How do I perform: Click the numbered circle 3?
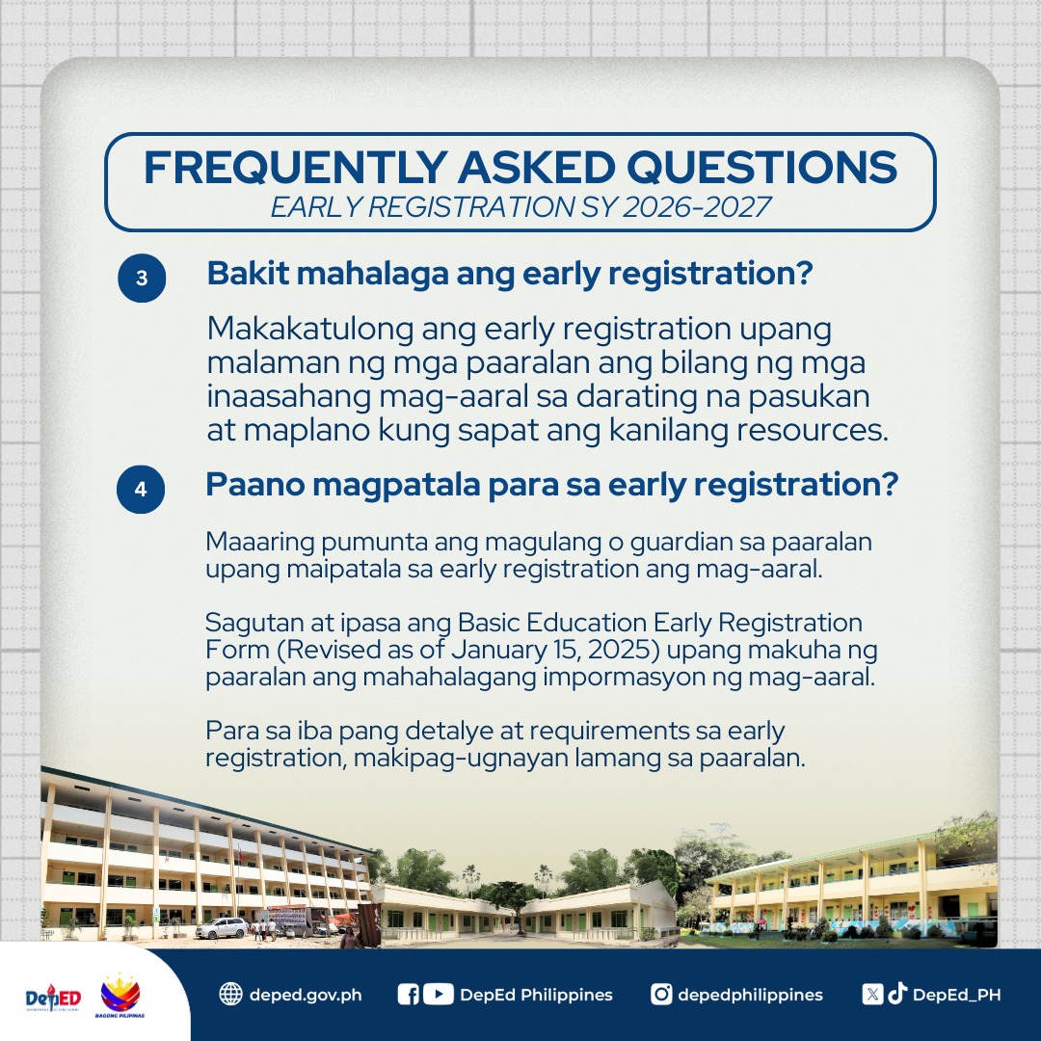coord(142,279)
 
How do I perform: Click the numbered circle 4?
coord(141,489)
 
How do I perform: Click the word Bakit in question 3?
coord(246,274)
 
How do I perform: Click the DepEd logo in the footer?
coord(53,997)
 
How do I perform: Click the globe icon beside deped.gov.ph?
coord(230,994)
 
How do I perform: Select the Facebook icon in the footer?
coord(408,994)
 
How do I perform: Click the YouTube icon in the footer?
coord(438,994)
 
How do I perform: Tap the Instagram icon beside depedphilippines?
coord(661,994)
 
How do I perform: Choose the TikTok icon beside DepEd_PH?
coord(897,994)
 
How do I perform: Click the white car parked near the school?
coord(221,927)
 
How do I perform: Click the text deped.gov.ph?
coord(305,995)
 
